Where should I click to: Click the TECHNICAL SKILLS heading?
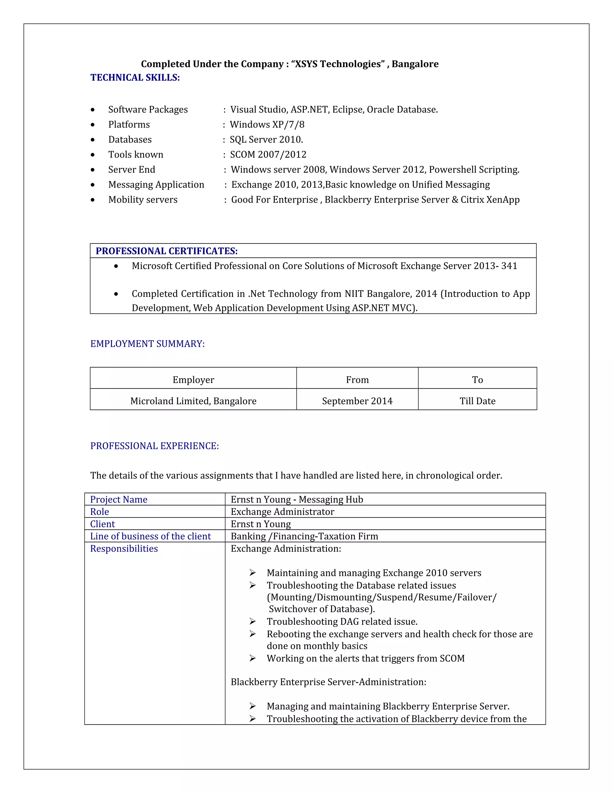pos(135,78)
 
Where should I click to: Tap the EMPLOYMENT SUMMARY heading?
pos(148,344)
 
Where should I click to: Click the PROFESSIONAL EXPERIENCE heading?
pos(155,446)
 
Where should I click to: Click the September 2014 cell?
pos(357,401)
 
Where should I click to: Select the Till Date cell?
pos(477,401)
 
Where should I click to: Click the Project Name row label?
pos(119,500)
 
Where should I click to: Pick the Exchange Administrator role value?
pos(282,512)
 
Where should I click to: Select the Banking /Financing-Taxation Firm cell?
pos(304,536)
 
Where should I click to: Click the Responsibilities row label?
pos(124,549)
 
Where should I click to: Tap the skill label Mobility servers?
pos(143,200)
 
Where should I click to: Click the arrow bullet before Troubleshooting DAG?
pos(253,622)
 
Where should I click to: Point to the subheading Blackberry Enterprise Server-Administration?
pos(328,682)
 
